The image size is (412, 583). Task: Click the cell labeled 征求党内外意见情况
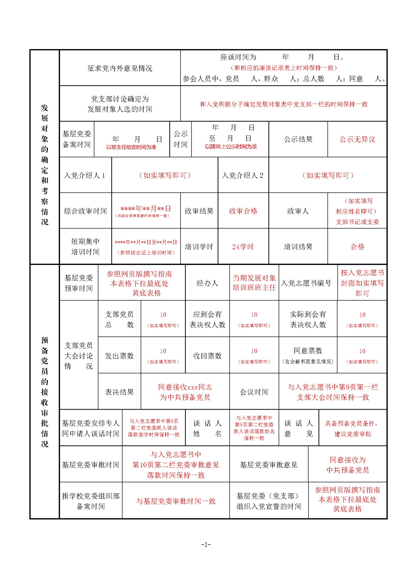120,68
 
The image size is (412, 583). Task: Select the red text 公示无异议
357,139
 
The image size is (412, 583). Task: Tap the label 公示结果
298,139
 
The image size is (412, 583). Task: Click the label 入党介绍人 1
85,175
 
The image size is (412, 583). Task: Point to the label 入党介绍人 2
243,175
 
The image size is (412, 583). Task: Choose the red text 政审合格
243,211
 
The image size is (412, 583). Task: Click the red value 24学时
243,247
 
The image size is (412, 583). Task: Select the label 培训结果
298,247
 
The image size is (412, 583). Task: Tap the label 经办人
207,283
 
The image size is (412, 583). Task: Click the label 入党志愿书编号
306,283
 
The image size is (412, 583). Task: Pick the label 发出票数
119,356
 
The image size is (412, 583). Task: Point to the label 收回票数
207,356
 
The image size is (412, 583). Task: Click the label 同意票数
308,351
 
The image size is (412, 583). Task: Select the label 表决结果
119,392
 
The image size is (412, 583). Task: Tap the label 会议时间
254,392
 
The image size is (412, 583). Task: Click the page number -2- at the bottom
206,544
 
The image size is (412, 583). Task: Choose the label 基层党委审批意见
268,465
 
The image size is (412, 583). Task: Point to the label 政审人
298,211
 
